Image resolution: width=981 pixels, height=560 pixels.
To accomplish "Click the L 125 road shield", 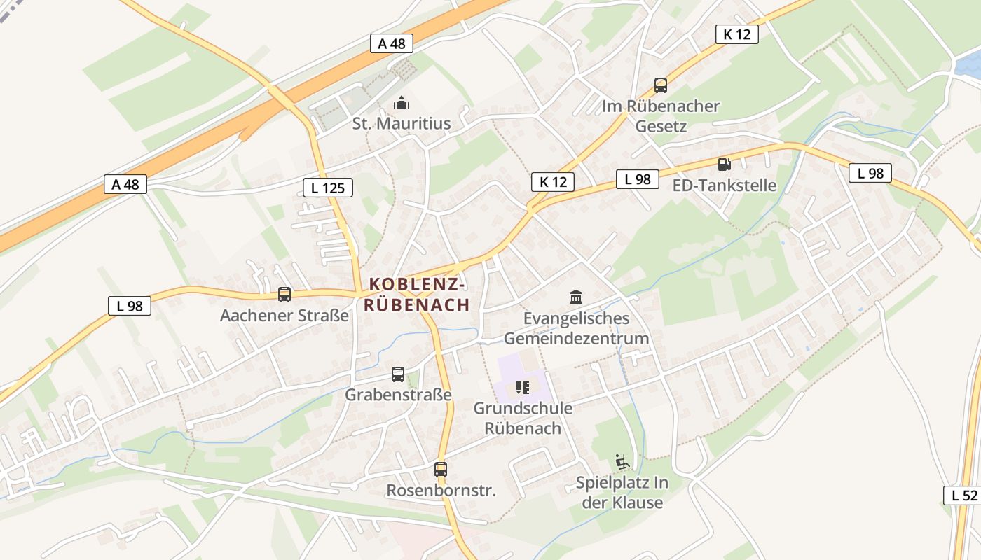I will (327, 187).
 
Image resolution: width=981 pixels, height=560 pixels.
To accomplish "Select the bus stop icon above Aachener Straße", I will (284, 295).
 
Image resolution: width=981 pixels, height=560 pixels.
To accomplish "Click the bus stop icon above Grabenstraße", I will (398, 374).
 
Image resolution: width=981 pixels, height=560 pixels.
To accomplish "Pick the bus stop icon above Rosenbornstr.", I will (441, 470).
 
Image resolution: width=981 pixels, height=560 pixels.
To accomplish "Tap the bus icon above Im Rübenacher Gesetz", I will (660, 85).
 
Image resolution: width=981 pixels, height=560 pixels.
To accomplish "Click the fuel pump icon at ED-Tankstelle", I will (724, 164).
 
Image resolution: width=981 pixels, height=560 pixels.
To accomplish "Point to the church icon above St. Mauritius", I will (402, 104).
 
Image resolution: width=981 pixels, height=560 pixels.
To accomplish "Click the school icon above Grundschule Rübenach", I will (523, 387).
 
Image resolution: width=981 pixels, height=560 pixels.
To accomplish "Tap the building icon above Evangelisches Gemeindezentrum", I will (576, 297).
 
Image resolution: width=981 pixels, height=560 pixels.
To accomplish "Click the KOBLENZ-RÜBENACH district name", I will (417, 295).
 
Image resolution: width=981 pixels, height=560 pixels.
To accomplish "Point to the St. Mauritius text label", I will (402, 124).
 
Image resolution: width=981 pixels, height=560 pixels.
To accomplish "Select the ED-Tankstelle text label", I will (725, 185).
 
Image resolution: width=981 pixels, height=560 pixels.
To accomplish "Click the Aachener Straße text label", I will (284, 316).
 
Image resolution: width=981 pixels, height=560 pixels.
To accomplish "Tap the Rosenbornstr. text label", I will (441, 491).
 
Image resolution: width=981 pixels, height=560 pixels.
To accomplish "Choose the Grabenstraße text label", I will (398, 395).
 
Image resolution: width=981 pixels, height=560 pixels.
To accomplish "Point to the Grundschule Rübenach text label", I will (523, 418).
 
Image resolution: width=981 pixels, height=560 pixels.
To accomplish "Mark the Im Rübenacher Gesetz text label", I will (661, 116).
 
